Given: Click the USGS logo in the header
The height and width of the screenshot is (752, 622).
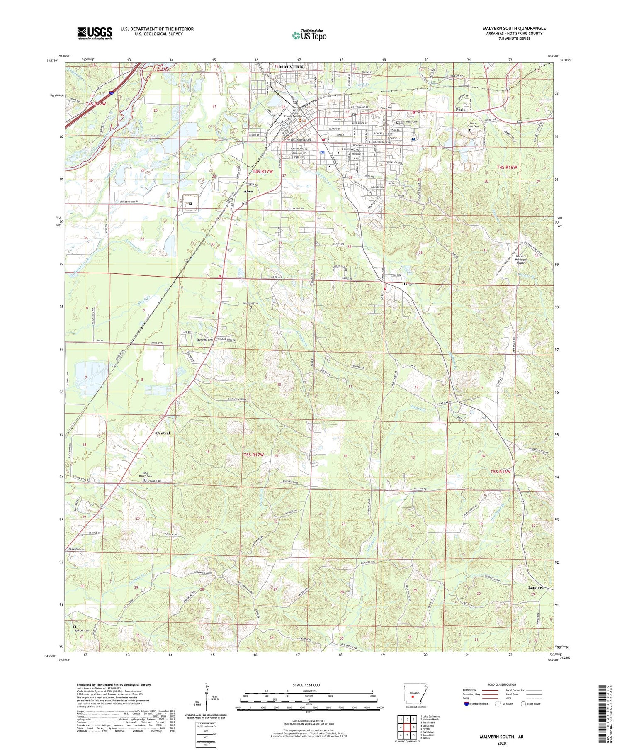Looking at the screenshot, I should click(95, 33).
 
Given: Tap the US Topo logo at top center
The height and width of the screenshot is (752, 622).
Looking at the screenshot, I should click(309, 35).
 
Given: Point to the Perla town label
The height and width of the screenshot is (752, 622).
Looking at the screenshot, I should click(461, 110).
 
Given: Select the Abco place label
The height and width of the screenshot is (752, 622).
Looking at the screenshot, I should click(248, 191).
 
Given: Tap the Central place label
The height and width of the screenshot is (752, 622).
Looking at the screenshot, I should click(163, 433).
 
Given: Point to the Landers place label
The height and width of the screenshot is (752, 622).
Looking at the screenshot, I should click(535, 588).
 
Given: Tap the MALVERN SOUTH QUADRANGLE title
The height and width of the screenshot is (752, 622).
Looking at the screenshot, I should click(514, 28).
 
